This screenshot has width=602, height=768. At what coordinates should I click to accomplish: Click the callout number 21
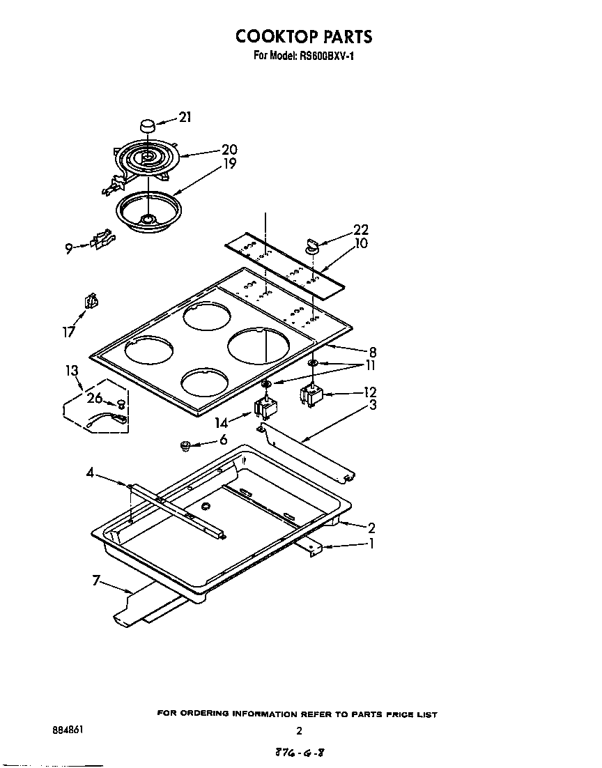pos(185,118)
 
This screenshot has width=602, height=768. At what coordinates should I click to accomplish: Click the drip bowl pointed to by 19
pos(147,208)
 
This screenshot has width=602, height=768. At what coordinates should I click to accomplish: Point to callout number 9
pos(69,248)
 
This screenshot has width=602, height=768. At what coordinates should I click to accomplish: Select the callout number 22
pos(361,230)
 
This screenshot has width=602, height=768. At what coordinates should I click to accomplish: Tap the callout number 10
pos(361,244)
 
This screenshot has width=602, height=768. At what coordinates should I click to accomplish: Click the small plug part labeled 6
pos(186,445)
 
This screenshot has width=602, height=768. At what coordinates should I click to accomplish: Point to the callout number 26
pos(95,399)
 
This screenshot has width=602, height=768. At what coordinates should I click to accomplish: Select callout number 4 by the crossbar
pos(91,473)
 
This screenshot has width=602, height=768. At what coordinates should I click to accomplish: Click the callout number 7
pos(98,580)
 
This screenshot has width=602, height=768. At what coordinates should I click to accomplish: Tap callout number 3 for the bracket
pos(373,405)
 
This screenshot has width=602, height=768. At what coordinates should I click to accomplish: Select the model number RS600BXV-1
pos(325,56)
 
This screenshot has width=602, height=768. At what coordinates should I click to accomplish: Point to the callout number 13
pos(72,370)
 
